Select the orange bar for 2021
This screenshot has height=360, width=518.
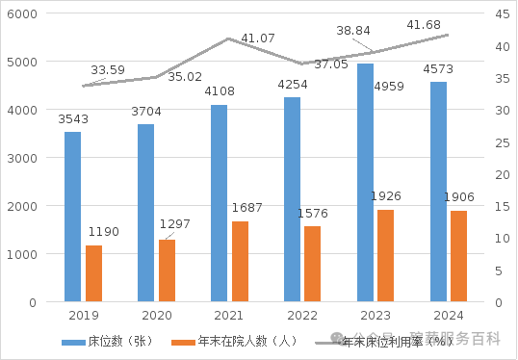point(240,261)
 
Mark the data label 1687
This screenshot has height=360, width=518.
point(246,208)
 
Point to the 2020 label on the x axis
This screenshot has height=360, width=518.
point(156,316)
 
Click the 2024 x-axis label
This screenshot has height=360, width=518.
point(448,316)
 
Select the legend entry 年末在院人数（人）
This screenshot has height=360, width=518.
point(240,341)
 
